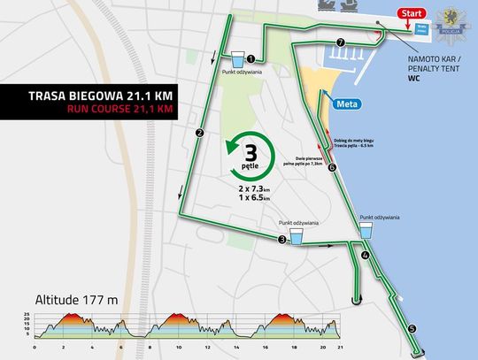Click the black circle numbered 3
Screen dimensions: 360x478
(x=282, y=239)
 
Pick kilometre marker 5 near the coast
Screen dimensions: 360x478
(x=412, y=328)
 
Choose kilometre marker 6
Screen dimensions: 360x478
(x=332, y=168)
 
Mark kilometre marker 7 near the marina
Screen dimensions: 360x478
(x=341, y=42)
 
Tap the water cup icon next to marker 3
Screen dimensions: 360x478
(x=297, y=236)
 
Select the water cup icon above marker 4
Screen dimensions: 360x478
(x=366, y=231)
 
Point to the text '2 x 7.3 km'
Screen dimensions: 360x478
(x=255, y=190)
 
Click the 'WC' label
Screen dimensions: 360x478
(x=413, y=78)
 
